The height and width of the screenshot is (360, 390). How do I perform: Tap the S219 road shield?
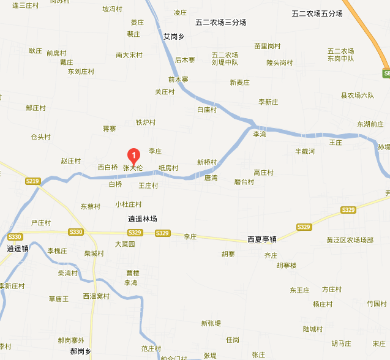33,181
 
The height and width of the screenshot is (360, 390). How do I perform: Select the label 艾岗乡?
174,37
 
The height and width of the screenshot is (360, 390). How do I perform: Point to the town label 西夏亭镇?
262,239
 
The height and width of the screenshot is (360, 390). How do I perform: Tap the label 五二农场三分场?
221,23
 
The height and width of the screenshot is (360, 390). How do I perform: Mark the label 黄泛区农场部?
350,240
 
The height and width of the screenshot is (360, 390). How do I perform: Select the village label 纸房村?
168,168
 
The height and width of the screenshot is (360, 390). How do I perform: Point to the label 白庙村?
207,110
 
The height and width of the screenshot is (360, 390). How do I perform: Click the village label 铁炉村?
146,122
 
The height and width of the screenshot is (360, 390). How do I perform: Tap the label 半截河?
304,151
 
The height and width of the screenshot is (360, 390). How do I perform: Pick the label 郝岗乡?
80,351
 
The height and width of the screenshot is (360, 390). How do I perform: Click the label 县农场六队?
357,95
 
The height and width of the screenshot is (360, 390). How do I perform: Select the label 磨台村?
244,182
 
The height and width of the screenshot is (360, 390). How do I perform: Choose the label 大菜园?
124,244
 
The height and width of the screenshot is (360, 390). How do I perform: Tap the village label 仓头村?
40,137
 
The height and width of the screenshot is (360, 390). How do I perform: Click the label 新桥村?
207,162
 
